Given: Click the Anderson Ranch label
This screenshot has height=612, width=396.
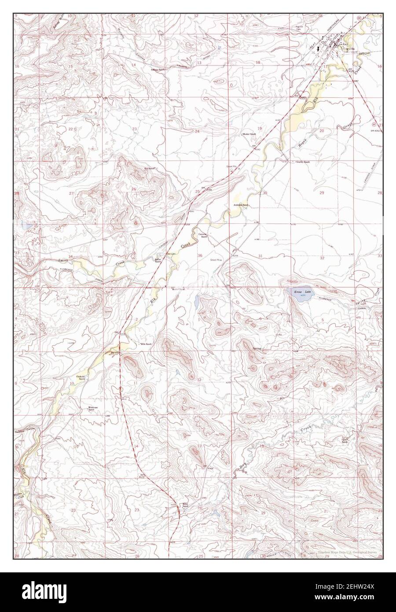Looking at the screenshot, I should coord(242,205).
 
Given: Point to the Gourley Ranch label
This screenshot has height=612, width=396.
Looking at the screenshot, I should coord(303,162).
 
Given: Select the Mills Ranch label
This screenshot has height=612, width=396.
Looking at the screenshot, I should coord(145,343).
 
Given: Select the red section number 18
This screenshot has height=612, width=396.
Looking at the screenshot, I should coord(258,63).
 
